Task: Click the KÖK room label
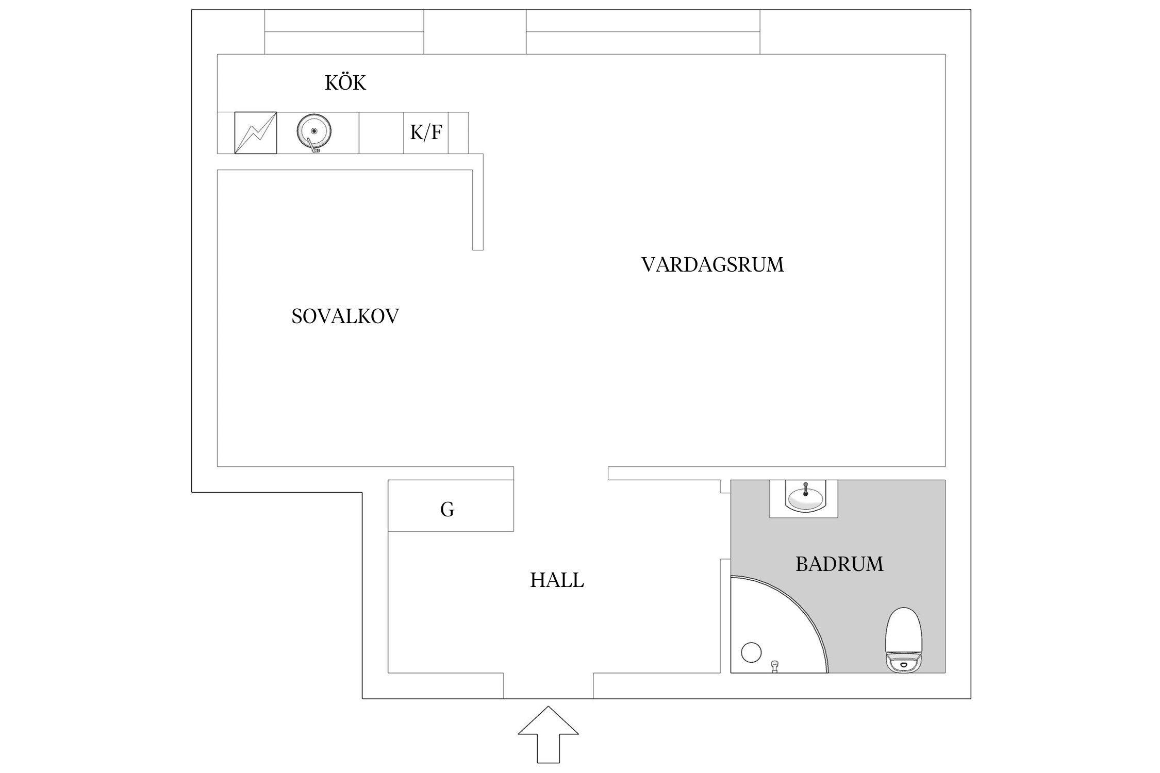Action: (345, 83)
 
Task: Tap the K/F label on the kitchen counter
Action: (426, 132)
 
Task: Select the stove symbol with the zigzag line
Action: (256, 133)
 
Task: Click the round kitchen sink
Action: (313, 131)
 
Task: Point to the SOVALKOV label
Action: (345, 316)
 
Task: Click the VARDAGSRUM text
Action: (712, 265)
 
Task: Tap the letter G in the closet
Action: (447, 510)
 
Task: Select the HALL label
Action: (557, 580)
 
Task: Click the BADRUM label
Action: (839, 564)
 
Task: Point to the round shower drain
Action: (751, 652)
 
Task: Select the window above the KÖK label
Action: (344, 32)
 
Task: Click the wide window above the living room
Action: (642, 32)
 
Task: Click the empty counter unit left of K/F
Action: (381, 133)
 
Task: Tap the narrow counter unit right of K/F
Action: (458, 133)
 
